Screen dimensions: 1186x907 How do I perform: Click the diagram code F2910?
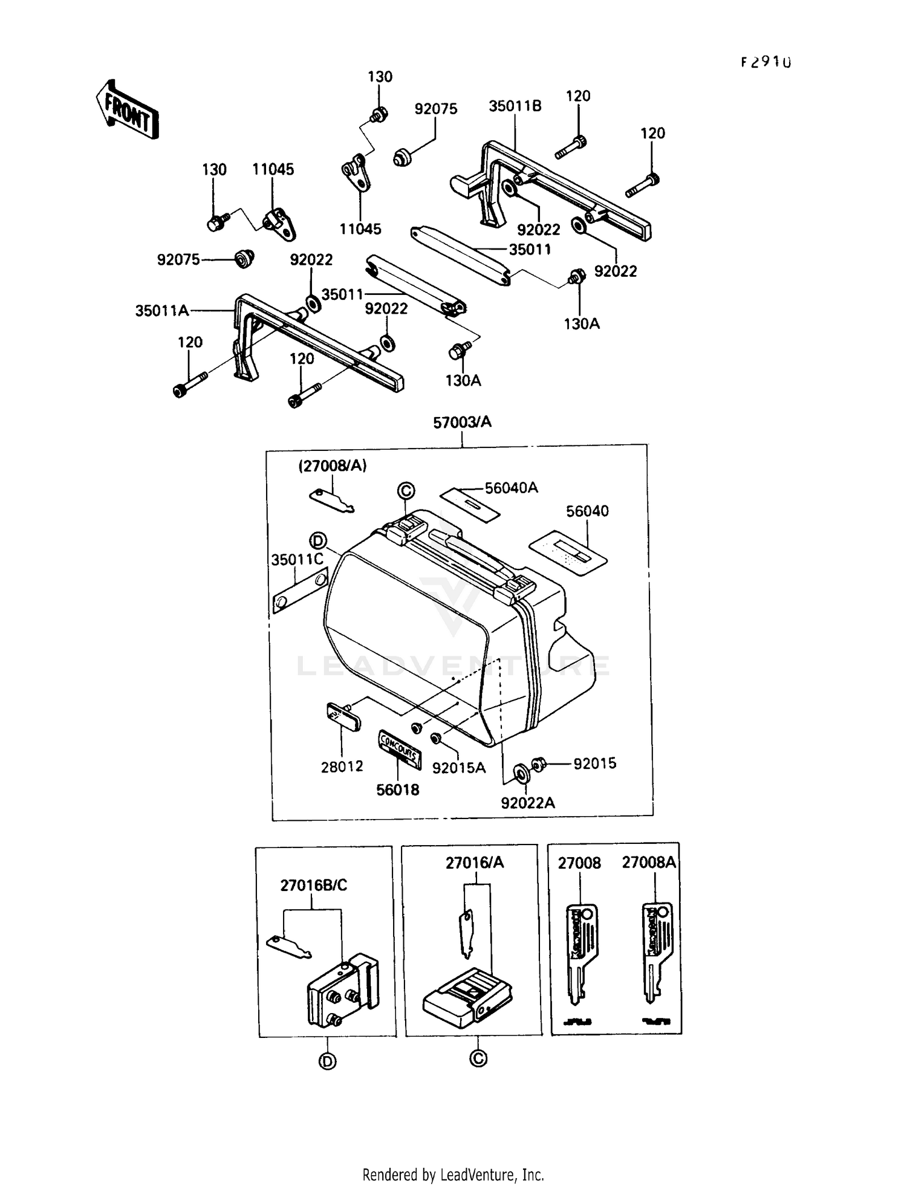[x=766, y=62]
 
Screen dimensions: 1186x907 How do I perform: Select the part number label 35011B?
[x=515, y=106]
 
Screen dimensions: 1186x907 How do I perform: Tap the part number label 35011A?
[x=161, y=311]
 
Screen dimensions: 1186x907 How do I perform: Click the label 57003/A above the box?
[x=462, y=423]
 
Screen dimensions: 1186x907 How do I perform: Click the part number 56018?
[x=397, y=789]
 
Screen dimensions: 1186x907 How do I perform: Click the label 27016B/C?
[x=313, y=886]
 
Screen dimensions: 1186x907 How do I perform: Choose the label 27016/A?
[x=474, y=863]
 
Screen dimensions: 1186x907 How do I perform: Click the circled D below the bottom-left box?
[x=327, y=1061]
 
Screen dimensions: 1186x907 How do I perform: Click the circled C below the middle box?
[x=478, y=1058]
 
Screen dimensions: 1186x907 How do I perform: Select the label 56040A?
[x=511, y=488]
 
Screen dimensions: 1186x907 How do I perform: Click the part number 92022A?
[x=527, y=803]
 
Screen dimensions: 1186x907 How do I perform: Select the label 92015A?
[x=458, y=768]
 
